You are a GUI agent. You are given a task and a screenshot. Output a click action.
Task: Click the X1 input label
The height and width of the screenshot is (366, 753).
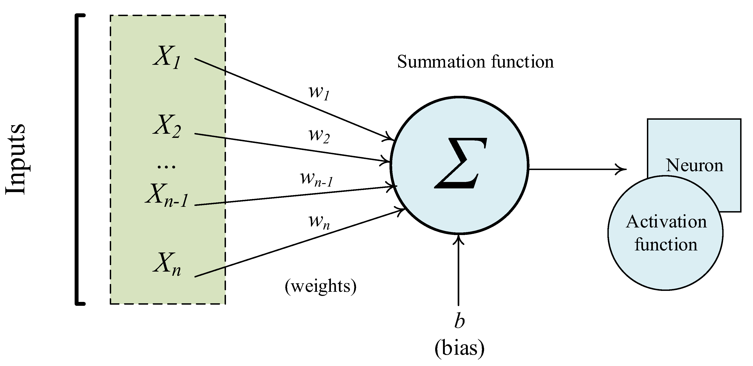pyautogui.click(x=167, y=57)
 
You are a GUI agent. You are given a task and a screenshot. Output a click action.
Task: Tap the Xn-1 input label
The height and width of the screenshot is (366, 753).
pyautogui.click(x=167, y=196)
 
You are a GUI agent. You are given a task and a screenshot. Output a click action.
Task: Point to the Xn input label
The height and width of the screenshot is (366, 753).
pyautogui.click(x=167, y=264)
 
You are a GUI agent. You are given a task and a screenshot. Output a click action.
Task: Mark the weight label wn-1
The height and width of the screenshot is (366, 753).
pyautogui.click(x=317, y=179)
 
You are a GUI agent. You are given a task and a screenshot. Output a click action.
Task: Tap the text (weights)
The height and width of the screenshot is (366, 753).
pyautogui.click(x=321, y=286)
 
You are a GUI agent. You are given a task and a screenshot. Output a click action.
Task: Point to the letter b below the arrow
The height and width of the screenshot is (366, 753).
pyautogui.click(x=459, y=321)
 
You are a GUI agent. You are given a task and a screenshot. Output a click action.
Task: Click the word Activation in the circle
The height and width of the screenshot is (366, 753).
pyautogui.click(x=666, y=222)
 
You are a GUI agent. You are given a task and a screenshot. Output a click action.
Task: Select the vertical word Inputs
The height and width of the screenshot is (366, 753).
pyautogui.click(x=15, y=159)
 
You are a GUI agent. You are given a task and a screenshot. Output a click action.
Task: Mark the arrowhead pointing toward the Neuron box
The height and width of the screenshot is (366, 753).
pyautogui.click(x=623, y=169)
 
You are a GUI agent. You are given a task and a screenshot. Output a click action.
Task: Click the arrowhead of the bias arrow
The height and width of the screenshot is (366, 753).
pyautogui.click(x=458, y=239)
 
